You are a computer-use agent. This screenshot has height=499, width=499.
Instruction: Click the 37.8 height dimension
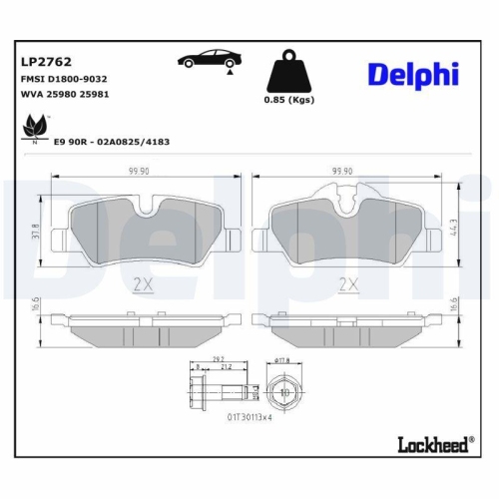click(x=37, y=232)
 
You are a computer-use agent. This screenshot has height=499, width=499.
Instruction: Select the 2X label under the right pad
click(x=348, y=284)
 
